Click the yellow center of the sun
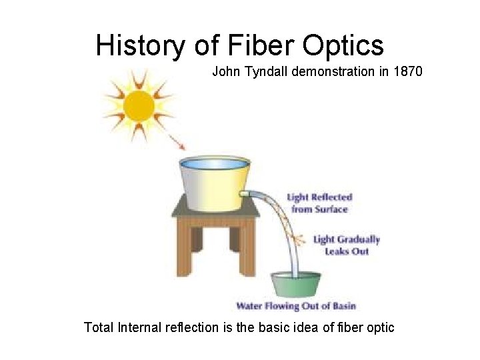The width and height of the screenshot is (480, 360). (139, 105)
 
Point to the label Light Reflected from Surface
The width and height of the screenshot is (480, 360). (319, 203)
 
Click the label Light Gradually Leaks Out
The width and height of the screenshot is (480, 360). (346, 245)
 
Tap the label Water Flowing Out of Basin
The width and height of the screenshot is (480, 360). (296, 306)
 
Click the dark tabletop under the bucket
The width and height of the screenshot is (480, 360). (215, 212)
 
